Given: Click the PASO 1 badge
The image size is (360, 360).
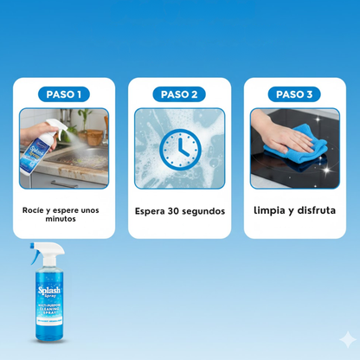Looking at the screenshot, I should tap(65, 93).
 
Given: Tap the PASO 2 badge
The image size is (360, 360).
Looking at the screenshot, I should tap(179, 93).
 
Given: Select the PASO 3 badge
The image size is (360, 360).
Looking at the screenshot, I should tap(294, 93).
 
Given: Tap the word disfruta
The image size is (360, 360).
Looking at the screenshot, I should tap(313, 209).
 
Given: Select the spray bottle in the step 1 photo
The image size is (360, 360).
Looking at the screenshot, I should tap(31, 146).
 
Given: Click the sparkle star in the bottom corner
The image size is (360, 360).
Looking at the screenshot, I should tap(347, 339).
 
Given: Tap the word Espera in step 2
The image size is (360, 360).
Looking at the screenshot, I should tap(152, 210).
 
